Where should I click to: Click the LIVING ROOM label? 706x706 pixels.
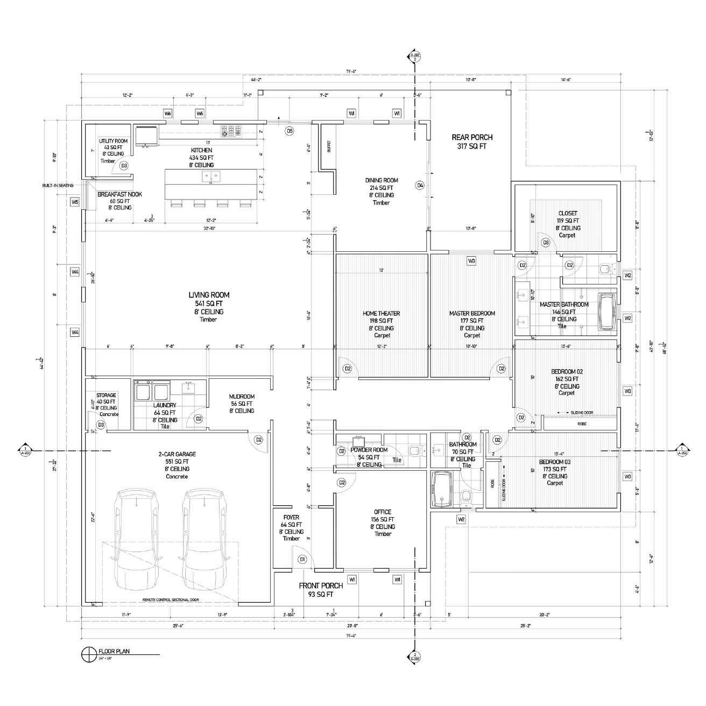209,295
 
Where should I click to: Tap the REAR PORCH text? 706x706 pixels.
472,137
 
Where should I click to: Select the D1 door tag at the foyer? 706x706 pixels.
302,559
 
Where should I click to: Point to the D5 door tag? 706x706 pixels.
290,131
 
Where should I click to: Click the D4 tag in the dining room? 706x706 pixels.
420,185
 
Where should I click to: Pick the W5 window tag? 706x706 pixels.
75,202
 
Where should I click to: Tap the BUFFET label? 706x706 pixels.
329,147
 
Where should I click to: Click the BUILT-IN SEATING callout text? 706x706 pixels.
58,186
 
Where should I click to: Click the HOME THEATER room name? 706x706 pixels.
382,313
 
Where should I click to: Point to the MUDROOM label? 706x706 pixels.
242,397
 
